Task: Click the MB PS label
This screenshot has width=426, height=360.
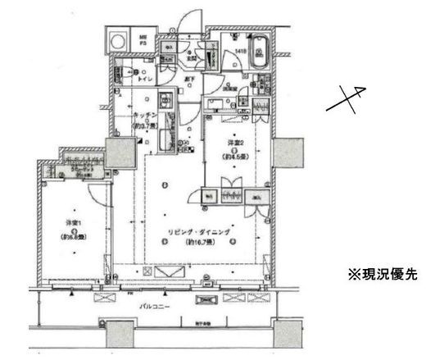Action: [141, 39]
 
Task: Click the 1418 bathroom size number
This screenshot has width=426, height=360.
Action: [241, 51]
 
